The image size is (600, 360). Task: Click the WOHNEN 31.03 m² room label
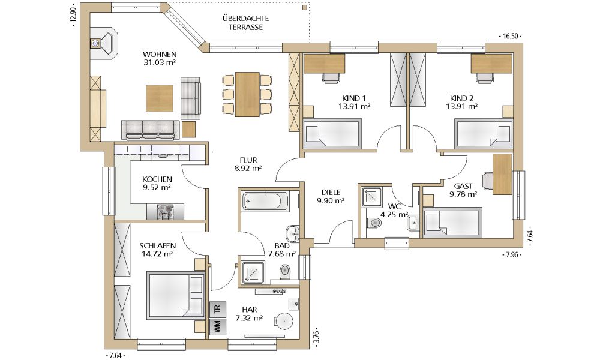(159, 58)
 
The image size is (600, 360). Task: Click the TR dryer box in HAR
(218, 310)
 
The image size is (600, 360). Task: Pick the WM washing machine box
(218, 327)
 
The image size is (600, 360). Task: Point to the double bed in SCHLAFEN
(176, 295)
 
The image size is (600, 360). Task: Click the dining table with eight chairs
(247, 94)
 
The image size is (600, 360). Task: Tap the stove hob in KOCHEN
(166, 212)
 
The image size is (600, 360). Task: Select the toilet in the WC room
(374, 223)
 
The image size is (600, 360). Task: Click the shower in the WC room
(370, 196)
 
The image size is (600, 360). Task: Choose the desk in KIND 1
(325, 64)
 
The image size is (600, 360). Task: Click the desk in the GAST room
(502, 174)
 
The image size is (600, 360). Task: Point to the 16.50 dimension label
(511, 37)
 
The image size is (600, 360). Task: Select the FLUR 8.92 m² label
(248, 164)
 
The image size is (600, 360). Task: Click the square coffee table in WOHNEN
(160, 98)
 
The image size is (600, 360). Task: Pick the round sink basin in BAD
(293, 233)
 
